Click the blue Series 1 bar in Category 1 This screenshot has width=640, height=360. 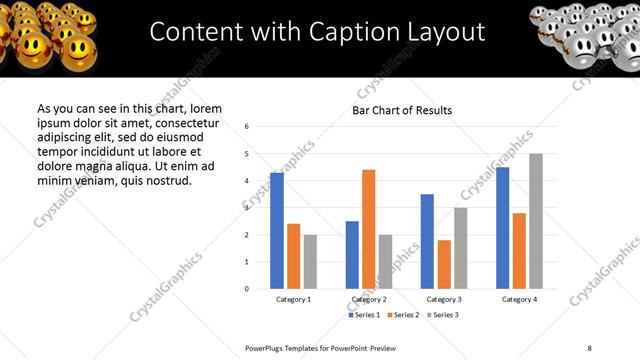[x=277, y=231]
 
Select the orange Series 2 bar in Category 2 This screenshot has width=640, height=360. [x=368, y=229]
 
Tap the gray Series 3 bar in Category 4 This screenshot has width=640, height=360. [x=536, y=221]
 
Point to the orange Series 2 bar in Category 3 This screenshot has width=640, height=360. [x=444, y=264]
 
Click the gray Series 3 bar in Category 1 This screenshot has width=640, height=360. [x=310, y=261]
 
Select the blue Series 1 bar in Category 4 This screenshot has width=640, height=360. [x=503, y=228]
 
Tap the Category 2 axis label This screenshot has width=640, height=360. [x=368, y=300]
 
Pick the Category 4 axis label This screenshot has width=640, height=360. [x=519, y=300]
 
